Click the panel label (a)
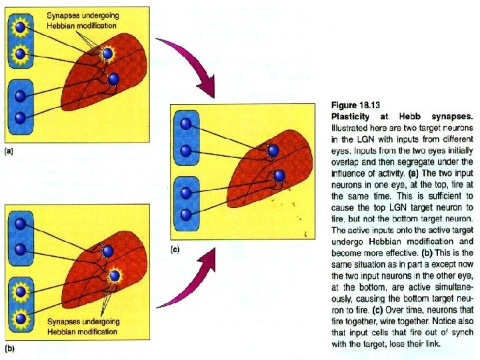(x=8, y=152)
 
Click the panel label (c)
(x=175, y=249)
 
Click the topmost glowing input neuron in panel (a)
(x=21, y=27)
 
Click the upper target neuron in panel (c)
(x=272, y=153)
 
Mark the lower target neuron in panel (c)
(x=279, y=176)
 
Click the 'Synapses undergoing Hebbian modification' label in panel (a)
(x=76, y=19)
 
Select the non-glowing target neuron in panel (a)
(x=113, y=79)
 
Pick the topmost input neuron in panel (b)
(x=21, y=228)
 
